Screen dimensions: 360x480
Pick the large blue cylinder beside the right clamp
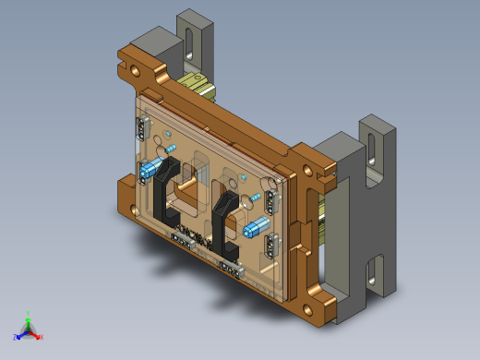pos(257,228)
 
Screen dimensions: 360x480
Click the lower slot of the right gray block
pos(373,274)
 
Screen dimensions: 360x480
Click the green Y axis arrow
pos(29,317)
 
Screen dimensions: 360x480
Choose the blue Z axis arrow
pos(18,336)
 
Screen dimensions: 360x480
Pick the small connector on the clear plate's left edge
pos(142,126)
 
